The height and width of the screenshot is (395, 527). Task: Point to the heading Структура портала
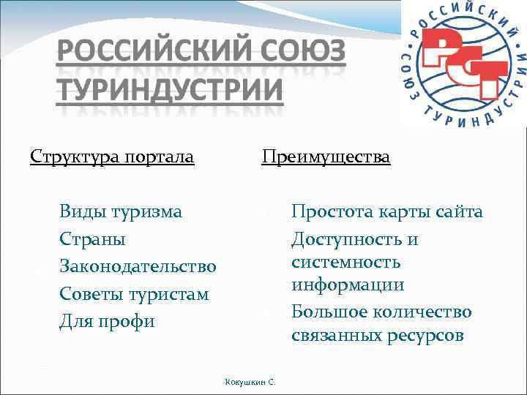(112, 157)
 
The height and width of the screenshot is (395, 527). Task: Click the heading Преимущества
(326, 157)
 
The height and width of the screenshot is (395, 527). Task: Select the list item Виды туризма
(121, 212)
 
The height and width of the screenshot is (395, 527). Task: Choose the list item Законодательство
(138, 267)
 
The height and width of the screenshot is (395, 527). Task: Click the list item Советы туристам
(134, 295)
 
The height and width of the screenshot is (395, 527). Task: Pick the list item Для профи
(107, 322)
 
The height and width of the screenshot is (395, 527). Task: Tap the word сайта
(458, 212)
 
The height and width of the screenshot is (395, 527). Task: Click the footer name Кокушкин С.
(250, 381)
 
